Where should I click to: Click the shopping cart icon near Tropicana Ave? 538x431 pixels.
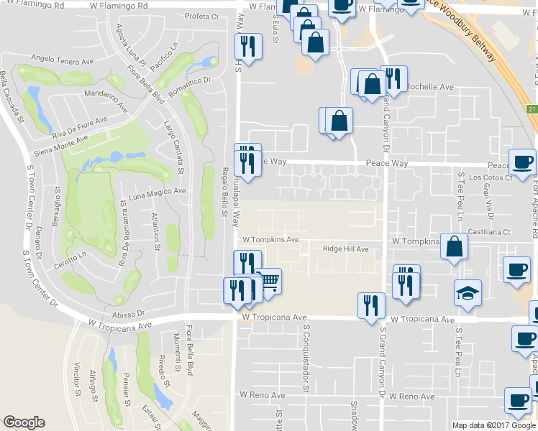click(269, 281)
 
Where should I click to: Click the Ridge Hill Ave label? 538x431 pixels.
click(345, 249)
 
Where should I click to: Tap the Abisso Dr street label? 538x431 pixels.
click(129, 313)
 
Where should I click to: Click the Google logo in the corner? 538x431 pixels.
click(24, 422)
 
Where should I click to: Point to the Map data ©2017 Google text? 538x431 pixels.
click(493, 425)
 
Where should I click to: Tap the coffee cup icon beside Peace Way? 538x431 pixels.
click(522, 161)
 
